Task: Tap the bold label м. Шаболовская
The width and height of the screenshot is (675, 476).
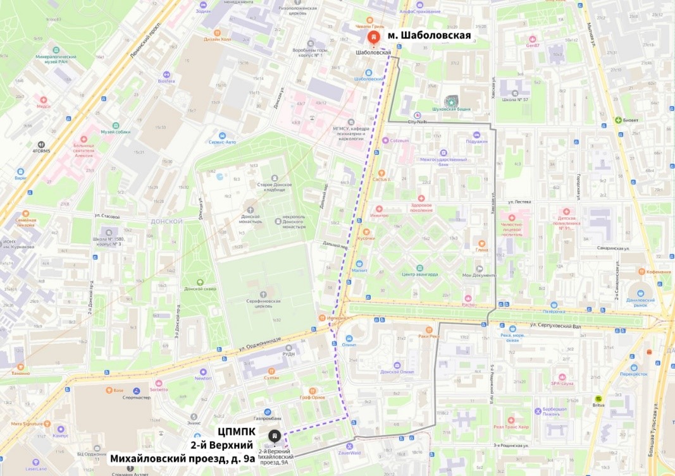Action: coord(429,35)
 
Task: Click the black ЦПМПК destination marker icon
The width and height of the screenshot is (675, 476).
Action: coord(274,436)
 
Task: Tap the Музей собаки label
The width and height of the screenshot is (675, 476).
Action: coord(115,132)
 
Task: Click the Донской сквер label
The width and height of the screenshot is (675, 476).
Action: coord(200,289)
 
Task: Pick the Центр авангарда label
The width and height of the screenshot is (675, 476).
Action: coord(420,275)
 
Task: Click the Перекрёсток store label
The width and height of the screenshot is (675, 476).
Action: coord(634,374)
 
